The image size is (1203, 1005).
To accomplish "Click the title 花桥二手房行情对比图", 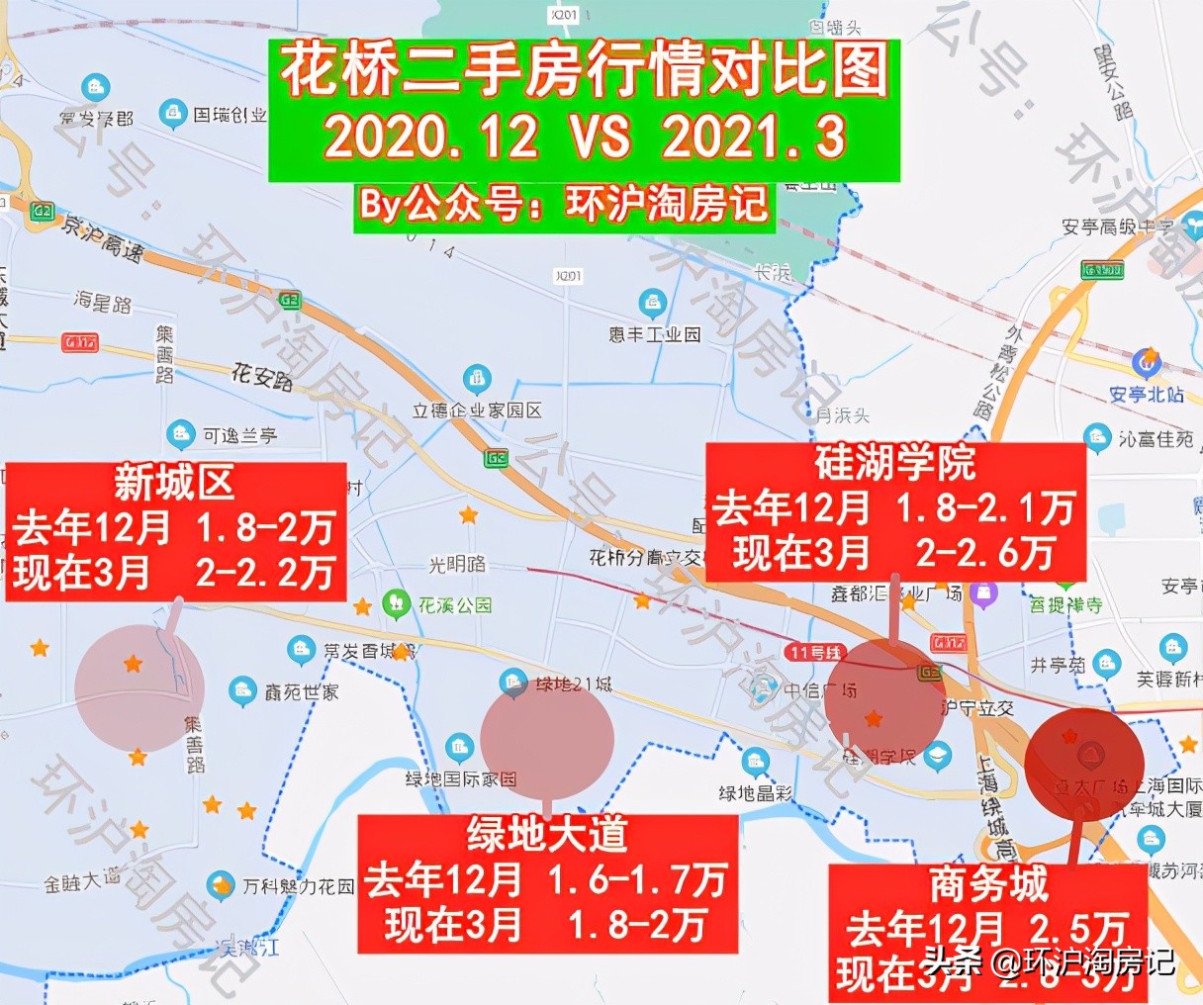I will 584,72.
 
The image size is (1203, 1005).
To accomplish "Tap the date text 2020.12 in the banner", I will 430,137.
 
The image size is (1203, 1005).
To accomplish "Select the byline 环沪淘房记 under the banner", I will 667,205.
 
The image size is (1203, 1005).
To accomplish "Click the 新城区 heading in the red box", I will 174,484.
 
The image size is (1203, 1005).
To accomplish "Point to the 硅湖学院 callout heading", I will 895,463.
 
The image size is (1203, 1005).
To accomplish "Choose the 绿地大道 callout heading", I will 547,835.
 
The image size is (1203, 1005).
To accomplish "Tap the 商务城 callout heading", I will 988,884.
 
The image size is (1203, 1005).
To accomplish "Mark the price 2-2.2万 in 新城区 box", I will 265,573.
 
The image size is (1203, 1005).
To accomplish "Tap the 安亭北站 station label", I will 1147,395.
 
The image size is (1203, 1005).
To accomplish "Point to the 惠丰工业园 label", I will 655,334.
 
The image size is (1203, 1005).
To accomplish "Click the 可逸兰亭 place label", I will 239,435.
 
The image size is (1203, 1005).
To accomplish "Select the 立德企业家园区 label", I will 477,411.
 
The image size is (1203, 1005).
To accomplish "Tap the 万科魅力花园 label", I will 298,886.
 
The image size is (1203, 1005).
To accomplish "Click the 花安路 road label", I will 262,376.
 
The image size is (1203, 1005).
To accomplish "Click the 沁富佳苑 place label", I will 1156,438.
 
